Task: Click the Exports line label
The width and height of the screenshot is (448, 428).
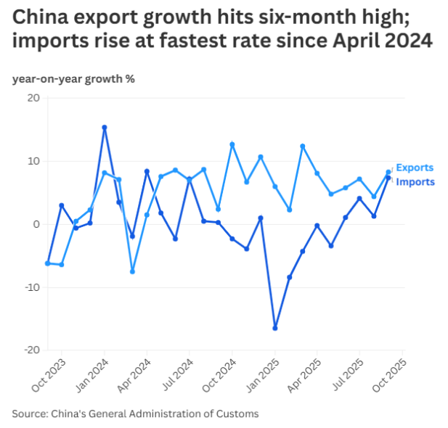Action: coord(415,168)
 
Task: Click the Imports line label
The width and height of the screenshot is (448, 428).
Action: coord(415,181)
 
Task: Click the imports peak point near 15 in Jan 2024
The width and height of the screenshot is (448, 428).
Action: coord(105,128)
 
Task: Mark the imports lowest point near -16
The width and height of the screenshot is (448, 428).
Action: coord(275,328)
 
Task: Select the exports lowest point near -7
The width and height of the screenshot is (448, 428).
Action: coord(133,271)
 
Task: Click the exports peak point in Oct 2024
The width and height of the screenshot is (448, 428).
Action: coord(232,144)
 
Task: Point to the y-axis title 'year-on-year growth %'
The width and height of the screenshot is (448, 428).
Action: coord(73,78)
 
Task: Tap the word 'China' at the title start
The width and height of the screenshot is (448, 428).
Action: coord(41,17)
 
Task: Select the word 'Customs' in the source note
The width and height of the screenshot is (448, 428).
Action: coord(239,413)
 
